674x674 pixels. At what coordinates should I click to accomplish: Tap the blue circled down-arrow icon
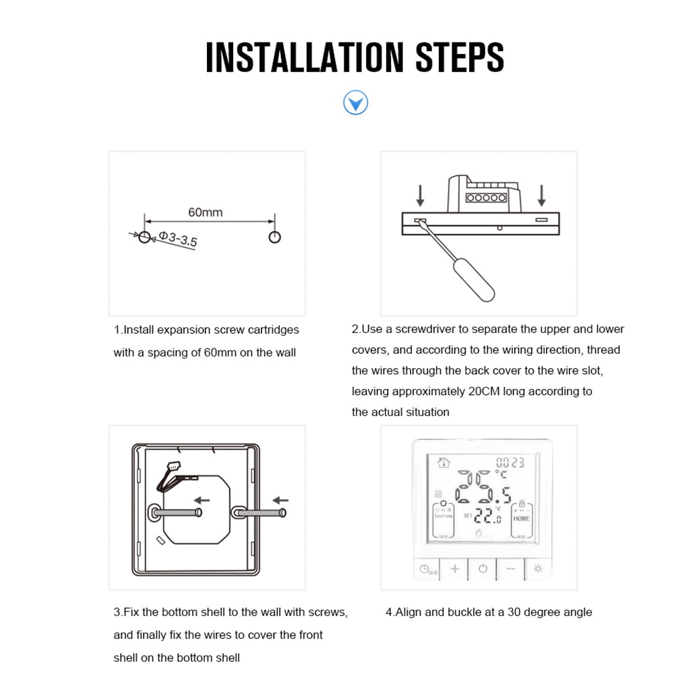(x=355, y=103)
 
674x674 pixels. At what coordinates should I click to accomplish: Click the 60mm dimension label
(x=205, y=212)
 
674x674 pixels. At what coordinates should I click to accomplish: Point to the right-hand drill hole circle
(x=274, y=237)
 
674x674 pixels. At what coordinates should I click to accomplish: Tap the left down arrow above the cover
(x=421, y=195)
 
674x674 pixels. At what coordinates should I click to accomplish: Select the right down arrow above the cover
(x=541, y=195)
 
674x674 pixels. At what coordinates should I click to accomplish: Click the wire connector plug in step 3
(x=175, y=467)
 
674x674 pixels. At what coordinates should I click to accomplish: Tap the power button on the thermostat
(x=483, y=569)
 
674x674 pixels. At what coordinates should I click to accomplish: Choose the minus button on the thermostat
(x=510, y=569)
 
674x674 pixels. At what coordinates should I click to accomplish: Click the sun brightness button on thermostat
(x=538, y=569)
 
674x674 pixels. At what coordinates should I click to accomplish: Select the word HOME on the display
(x=522, y=518)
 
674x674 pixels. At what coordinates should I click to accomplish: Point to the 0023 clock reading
(x=510, y=463)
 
